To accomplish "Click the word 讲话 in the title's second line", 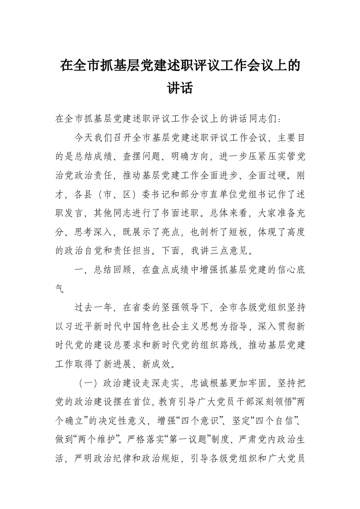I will tap(180, 88).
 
